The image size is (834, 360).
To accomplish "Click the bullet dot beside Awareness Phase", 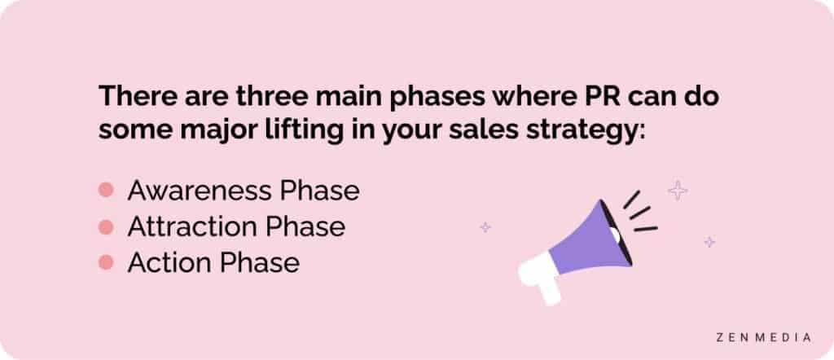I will point(105,191).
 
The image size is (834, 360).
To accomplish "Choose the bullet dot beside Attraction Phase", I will point(105,226).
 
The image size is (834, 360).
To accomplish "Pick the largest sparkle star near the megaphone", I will point(677,191).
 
